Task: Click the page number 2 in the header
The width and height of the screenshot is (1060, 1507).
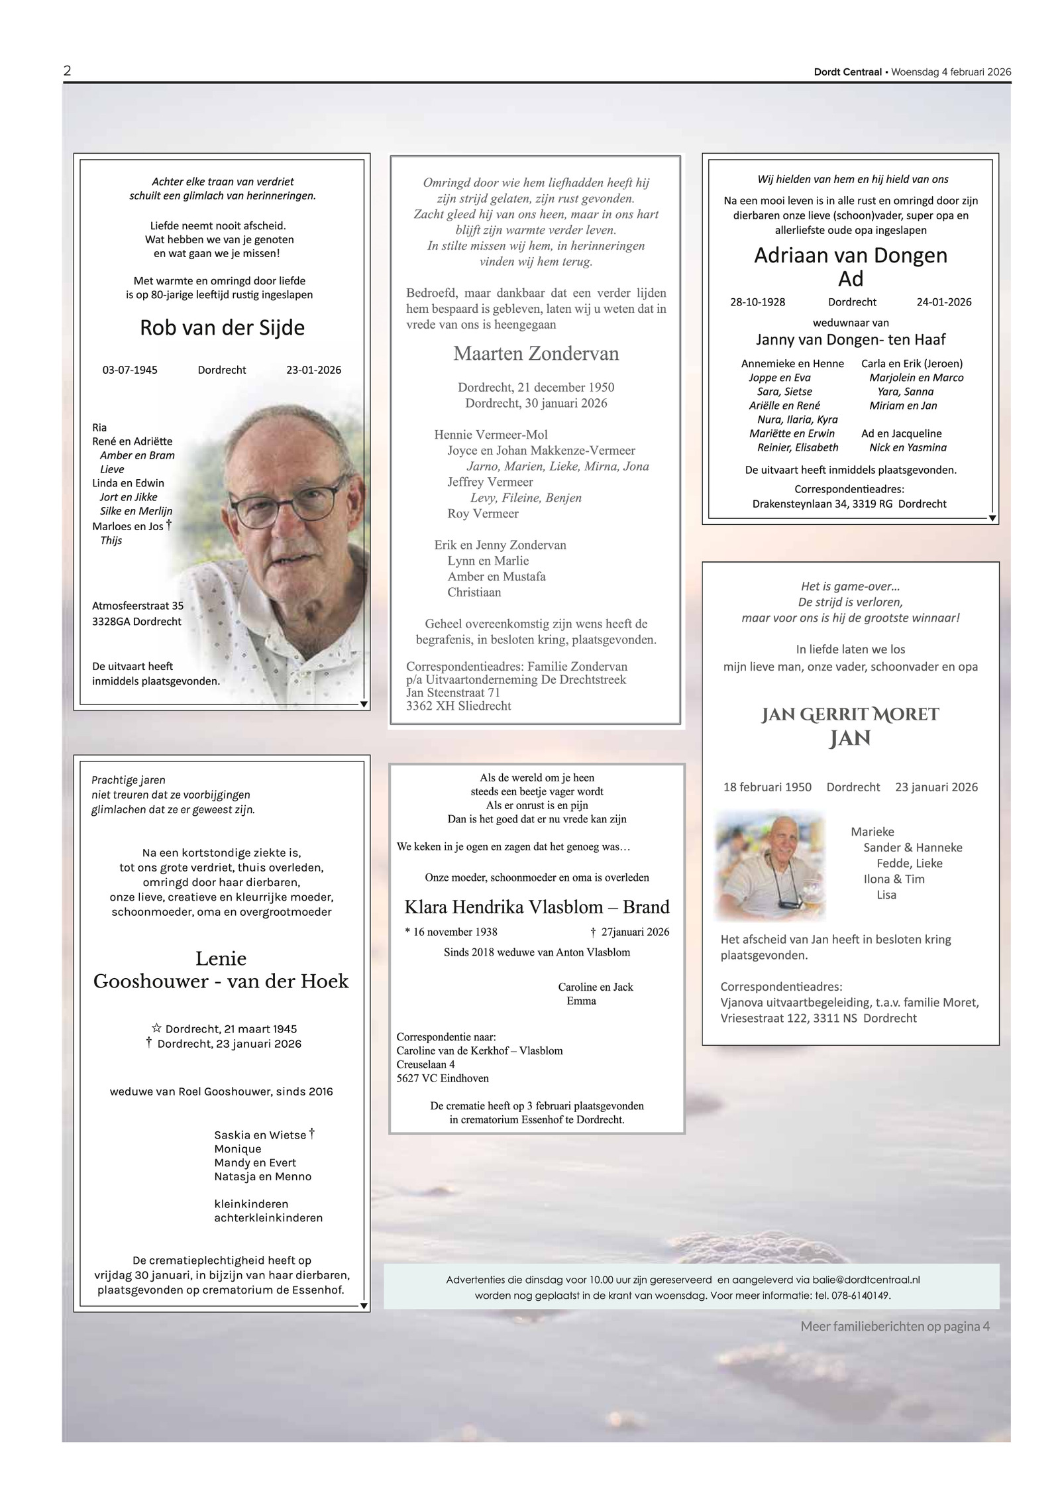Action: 67,71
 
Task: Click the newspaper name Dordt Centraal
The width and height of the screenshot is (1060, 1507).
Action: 847,72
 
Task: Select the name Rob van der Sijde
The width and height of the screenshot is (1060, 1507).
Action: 222,328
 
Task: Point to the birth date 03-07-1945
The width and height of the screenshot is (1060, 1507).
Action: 130,370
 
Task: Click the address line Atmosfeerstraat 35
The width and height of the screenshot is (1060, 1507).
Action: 138,606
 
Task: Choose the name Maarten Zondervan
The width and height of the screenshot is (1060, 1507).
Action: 536,354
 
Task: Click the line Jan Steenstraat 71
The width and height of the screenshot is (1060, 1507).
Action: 453,693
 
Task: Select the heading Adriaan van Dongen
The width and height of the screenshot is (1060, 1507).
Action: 851,256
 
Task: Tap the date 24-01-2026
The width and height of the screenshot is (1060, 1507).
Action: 943,302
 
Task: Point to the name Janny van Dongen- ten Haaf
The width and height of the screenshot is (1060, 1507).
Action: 851,340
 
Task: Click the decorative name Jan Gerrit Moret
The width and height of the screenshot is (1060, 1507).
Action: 850,714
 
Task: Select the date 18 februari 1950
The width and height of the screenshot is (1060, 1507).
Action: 767,787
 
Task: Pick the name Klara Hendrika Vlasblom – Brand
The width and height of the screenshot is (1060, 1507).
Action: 537,907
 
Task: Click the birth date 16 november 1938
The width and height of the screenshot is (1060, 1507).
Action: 454,932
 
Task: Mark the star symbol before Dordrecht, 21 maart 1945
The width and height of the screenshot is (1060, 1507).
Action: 156,1028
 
